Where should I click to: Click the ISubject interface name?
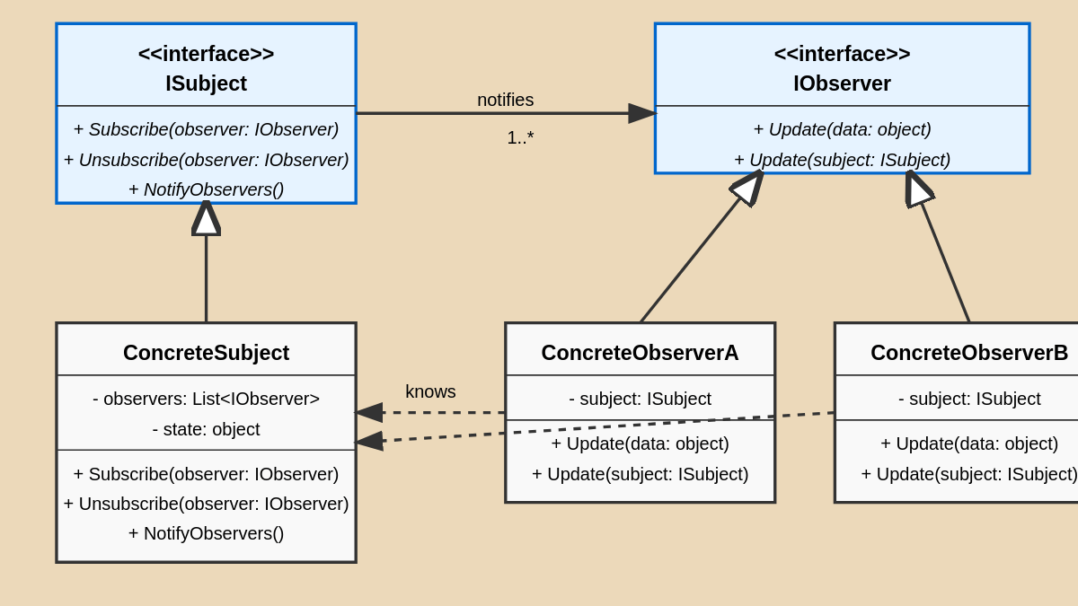(206, 83)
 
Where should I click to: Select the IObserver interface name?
(842, 83)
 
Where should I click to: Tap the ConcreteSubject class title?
(206, 353)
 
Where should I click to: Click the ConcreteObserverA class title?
(640, 353)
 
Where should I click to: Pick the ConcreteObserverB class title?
(968, 353)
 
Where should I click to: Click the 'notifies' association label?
(505, 100)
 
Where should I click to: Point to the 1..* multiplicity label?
(520, 137)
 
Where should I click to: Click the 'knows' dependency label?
(430, 391)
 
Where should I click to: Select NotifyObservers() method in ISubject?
(206, 189)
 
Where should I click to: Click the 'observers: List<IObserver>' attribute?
(206, 399)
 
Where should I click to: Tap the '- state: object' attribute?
(206, 429)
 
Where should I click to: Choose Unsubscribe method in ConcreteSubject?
(206, 504)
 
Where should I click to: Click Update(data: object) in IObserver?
(842, 129)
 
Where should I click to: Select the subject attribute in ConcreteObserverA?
(640, 399)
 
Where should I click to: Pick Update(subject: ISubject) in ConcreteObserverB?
(968, 474)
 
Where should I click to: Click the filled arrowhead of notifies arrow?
(641, 113)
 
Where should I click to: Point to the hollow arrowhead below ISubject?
(206, 218)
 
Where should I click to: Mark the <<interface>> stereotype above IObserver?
(842, 54)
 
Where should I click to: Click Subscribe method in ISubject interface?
(206, 129)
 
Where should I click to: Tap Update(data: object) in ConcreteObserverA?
(640, 444)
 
